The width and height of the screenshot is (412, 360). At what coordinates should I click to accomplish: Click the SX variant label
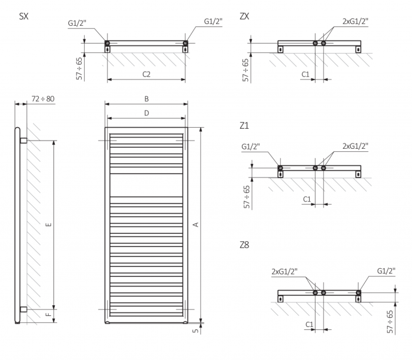24,16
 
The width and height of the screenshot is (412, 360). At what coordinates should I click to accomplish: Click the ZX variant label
245,16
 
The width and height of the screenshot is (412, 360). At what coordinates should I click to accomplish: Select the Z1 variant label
245,125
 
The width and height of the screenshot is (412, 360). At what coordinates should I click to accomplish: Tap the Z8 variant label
245,245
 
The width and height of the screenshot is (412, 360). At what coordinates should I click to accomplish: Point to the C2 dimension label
147,74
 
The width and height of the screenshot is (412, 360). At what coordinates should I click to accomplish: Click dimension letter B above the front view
146,98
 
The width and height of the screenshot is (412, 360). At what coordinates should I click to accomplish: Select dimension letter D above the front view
146,112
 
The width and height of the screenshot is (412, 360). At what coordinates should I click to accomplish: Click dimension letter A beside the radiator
195,224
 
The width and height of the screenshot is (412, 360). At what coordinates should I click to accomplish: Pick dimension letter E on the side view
49,224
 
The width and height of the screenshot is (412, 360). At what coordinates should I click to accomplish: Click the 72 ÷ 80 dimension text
43,98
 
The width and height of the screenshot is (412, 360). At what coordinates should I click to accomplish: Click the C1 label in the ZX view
305,74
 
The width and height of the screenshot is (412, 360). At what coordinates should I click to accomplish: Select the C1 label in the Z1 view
307,199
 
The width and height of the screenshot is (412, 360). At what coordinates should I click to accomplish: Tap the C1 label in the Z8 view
310,324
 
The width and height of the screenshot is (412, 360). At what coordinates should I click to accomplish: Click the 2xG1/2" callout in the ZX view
355,21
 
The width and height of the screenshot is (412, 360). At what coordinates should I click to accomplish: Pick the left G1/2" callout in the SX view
78,24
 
